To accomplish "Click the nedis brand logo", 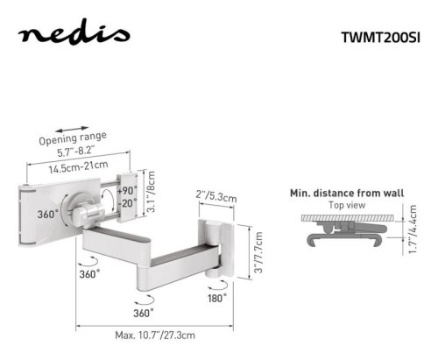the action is click(74, 32).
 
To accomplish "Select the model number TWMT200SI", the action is click(381, 38).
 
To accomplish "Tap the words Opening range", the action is click(73, 138).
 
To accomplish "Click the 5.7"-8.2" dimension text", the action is click(76, 152).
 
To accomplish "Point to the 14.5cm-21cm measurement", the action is click(78, 167).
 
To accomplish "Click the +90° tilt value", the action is click(127, 191).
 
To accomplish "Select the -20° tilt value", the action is click(128, 202).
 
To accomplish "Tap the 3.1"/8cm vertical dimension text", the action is click(152, 192).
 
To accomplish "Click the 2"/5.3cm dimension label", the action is click(216, 196).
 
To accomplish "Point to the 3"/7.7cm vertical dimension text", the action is click(258, 252).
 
